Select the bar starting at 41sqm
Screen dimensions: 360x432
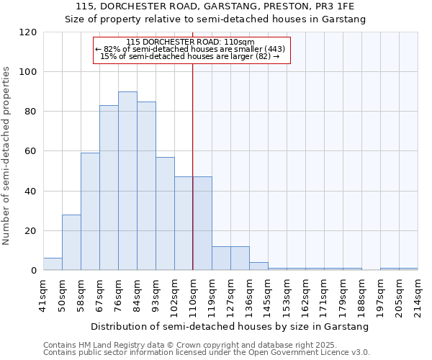tap(53, 264)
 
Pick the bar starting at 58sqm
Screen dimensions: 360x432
tap(90, 212)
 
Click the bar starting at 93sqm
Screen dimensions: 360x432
tap(165, 214)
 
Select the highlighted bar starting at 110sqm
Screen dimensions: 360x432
tap(202, 224)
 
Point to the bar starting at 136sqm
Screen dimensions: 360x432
tap(258, 266)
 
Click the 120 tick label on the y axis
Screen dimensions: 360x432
tap(28, 32)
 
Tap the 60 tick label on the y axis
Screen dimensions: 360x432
tap(31, 151)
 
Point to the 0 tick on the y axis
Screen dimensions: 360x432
tap(34, 271)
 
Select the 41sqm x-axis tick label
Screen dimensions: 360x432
tap(43, 294)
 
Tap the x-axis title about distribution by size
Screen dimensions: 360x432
tap(230, 326)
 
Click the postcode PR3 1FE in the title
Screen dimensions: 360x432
tap(335, 6)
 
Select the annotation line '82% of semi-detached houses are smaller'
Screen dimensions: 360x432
tap(191, 49)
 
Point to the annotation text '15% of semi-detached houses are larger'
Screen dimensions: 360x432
tap(191, 56)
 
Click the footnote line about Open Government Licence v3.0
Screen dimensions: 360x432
tap(207, 353)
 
